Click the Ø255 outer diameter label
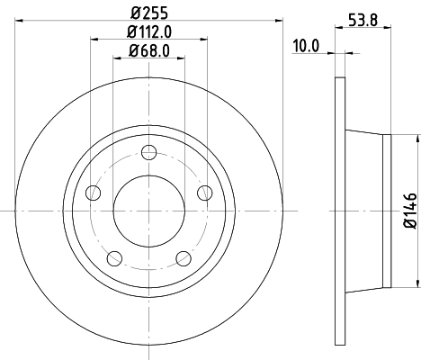click(x=149, y=13)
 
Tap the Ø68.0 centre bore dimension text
click(x=149, y=49)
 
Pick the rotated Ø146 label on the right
click(x=409, y=210)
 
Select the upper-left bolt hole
click(x=93, y=192)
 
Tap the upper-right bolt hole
click(x=204, y=192)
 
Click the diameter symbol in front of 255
click(x=135, y=13)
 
